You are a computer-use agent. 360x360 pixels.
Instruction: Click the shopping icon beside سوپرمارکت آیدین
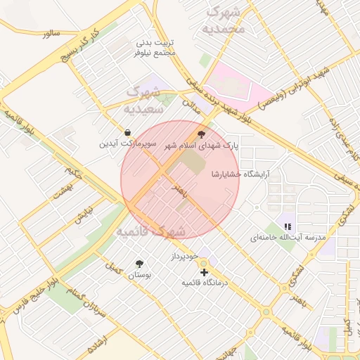click(x=127, y=132)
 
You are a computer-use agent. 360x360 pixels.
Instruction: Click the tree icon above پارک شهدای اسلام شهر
click(x=202, y=134)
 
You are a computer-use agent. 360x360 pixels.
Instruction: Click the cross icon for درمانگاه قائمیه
click(x=204, y=271)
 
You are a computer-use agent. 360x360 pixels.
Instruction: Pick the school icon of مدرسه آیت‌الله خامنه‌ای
click(x=287, y=226)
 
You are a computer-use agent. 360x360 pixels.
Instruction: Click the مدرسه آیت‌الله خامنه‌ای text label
click(x=288, y=238)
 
